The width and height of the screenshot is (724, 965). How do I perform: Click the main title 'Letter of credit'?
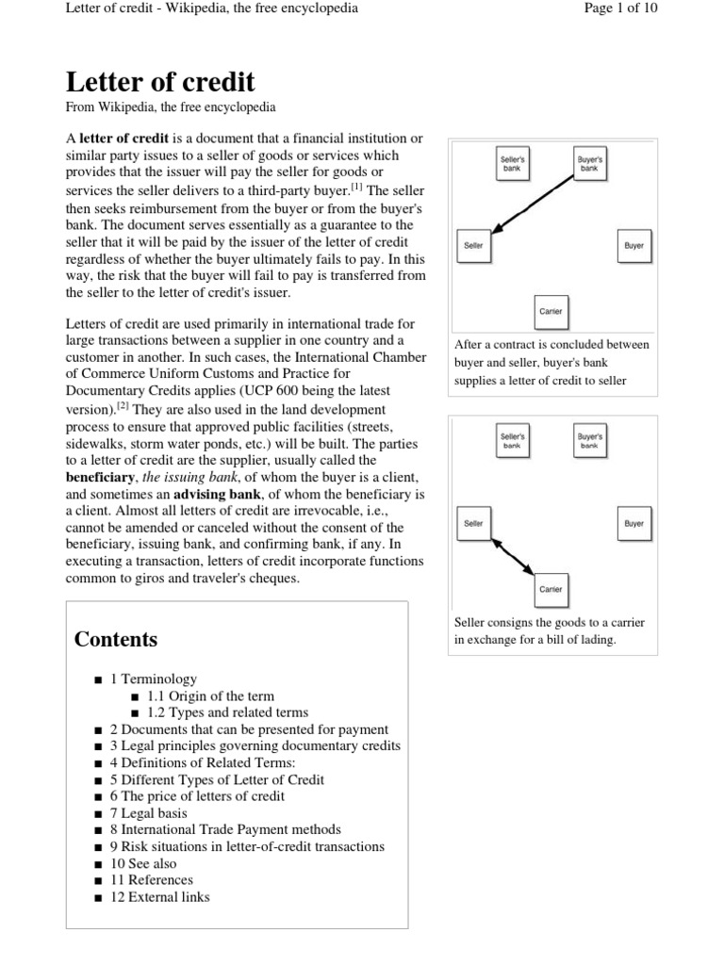click(x=159, y=80)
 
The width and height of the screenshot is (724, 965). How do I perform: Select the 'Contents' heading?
click(x=116, y=639)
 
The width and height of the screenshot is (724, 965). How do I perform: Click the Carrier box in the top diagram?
click(x=551, y=311)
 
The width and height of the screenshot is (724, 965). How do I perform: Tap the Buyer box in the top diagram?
click(x=633, y=245)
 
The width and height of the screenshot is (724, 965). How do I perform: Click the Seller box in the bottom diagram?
click(x=473, y=523)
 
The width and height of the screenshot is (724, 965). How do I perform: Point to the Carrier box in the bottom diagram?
click(x=551, y=589)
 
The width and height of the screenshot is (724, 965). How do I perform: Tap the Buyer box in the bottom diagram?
click(x=633, y=523)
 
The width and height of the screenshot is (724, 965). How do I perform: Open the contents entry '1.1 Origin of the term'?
click(x=210, y=695)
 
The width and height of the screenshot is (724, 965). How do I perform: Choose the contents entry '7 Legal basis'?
click(x=148, y=812)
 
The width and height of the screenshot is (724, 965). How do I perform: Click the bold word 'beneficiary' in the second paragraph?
click(x=101, y=477)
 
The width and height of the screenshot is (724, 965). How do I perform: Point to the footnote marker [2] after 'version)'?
click(x=123, y=407)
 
